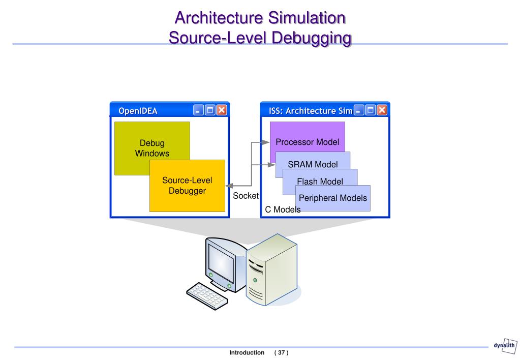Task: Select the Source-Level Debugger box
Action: pyautogui.click(x=187, y=186)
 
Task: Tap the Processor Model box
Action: pyautogui.click(x=307, y=142)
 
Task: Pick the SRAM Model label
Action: pyautogui.click(x=313, y=164)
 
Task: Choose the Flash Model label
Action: pyautogui.click(x=320, y=181)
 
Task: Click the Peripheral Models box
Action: pyautogui.click(x=332, y=198)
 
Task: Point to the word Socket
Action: pyautogui.click(x=246, y=195)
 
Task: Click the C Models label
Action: pyautogui.click(x=283, y=209)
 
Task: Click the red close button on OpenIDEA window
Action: pyautogui.click(x=222, y=110)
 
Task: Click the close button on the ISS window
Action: pyautogui.click(x=382, y=110)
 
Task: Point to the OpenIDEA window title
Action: pyautogui.click(x=138, y=110)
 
